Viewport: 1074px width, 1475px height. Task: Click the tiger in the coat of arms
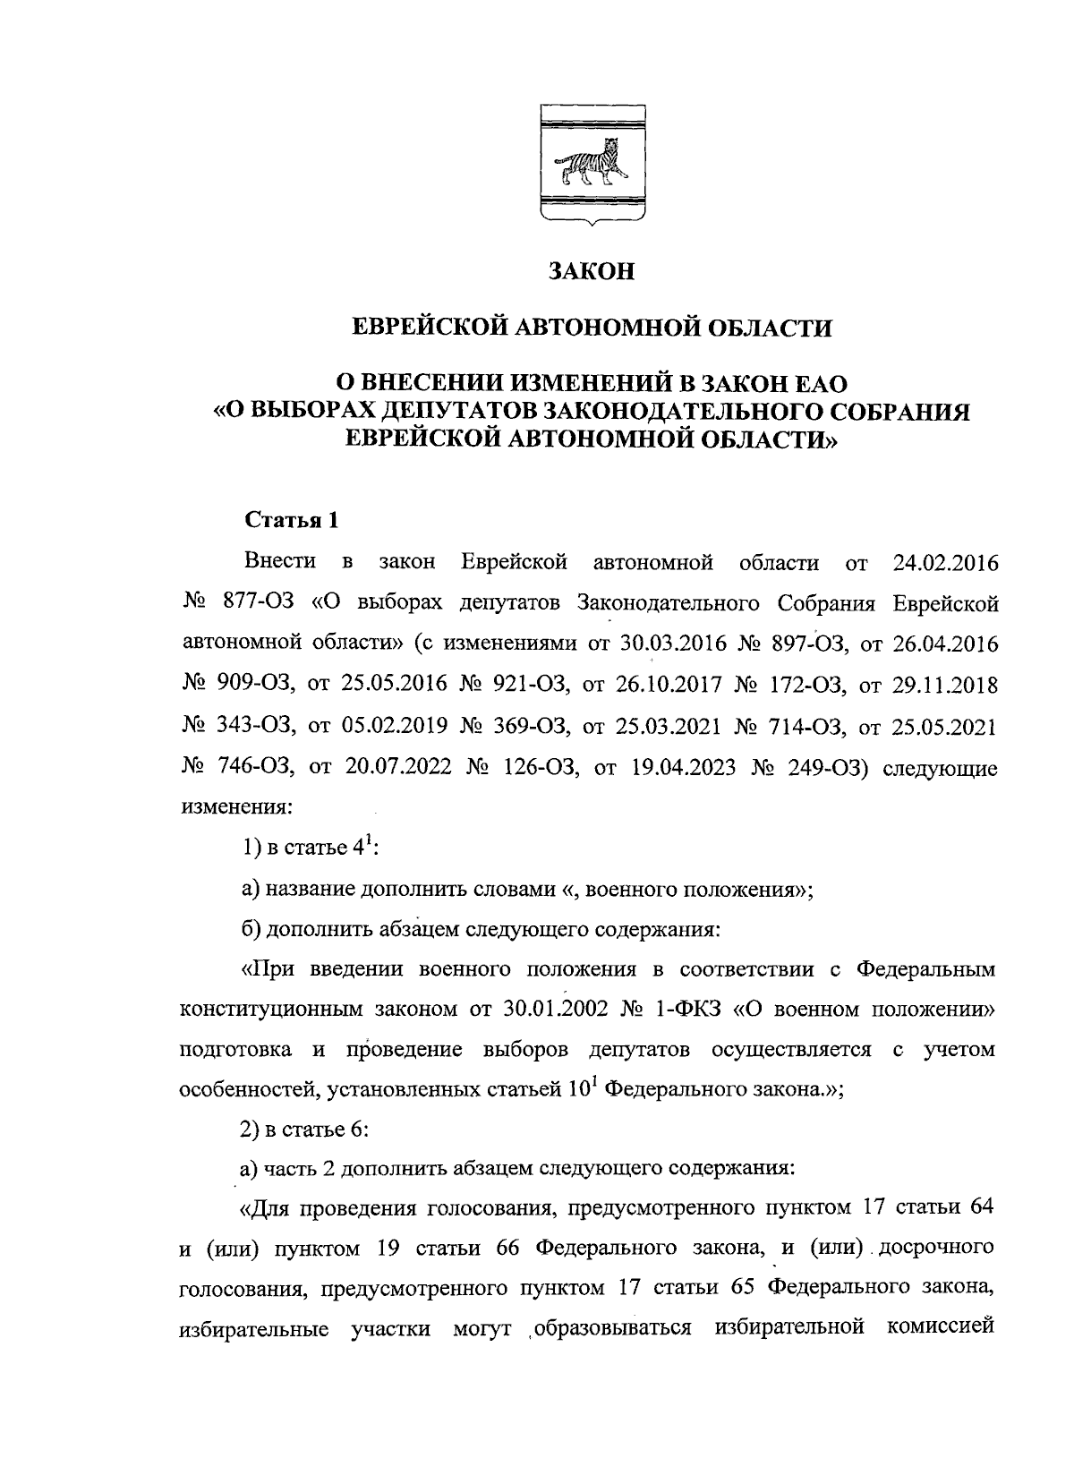[589, 161]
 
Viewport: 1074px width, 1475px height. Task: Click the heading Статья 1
[292, 521]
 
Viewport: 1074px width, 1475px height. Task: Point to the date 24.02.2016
[945, 563]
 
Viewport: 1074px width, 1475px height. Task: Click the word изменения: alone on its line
[236, 806]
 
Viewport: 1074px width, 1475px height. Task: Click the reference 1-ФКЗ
[689, 1010]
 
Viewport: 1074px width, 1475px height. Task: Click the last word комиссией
[942, 1329]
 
